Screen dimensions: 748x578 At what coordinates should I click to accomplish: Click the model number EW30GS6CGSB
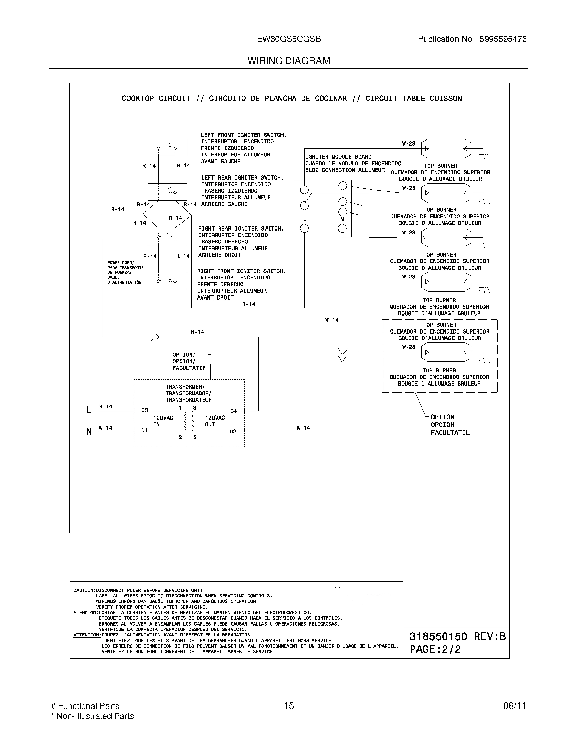pyautogui.click(x=289, y=39)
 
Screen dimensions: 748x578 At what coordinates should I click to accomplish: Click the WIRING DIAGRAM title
pyautogui.click(x=289, y=61)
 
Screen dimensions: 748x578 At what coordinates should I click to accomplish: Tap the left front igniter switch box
pyautogui.click(x=167, y=148)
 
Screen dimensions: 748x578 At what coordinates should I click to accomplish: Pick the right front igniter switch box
pyautogui.click(x=167, y=280)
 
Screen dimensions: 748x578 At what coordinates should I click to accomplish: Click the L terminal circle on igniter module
pyautogui.click(x=304, y=228)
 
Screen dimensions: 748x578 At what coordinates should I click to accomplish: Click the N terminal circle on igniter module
pyautogui.click(x=342, y=228)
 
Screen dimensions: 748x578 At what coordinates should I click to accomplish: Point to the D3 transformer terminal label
pyautogui.click(x=144, y=410)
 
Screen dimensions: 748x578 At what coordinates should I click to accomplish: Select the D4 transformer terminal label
pyautogui.click(x=233, y=411)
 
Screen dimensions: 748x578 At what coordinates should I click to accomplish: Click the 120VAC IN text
pyautogui.click(x=163, y=421)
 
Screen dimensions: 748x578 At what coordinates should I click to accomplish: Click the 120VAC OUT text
pyautogui.click(x=215, y=421)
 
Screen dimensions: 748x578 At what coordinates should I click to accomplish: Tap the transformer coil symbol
pyautogui.click(x=188, y=421)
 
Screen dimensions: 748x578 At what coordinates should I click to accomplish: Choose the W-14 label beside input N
pyautogui.click(x=105, y=428)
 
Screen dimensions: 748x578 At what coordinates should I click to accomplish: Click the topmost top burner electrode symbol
pyautogui.click(x=446, y=149)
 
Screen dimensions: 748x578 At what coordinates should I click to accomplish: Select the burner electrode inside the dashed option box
pyautogui.click(x=446, y=352)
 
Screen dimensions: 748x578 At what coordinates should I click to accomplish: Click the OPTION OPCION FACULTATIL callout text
pyautogui.click(x=449, y=425)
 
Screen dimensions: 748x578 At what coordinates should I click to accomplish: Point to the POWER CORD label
pyautogui.click(x=125, y=272)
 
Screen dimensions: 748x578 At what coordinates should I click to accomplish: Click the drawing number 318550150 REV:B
pyautogui.click(x=457, y=636)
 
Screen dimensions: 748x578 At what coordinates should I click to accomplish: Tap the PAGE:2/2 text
pyautogui.click(x=435, y=649)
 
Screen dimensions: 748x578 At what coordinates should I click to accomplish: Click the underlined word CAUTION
pyautogui.click(x=84, y=590)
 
